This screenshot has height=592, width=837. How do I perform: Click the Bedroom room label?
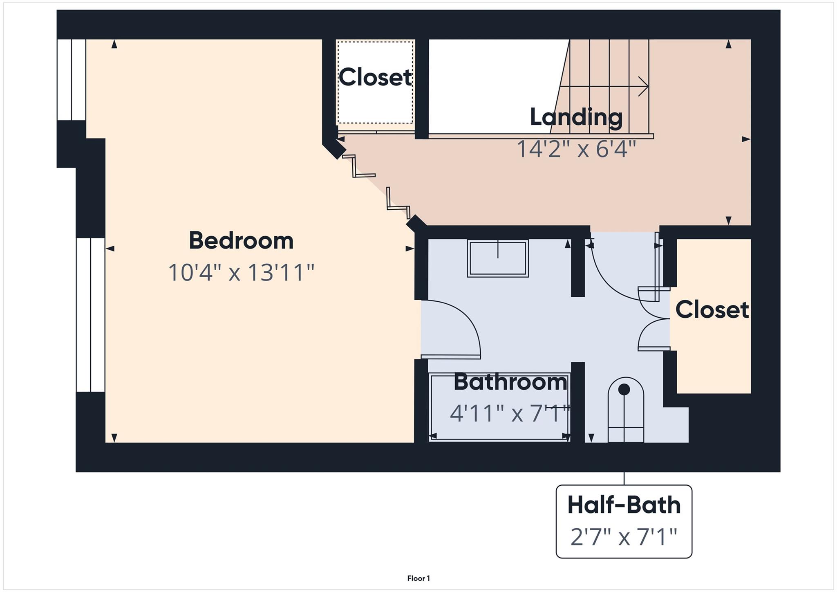tap(241, 241)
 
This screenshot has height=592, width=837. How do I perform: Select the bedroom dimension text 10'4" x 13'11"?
tap(241, 273)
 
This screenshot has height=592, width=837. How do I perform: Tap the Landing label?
tap(576, 117)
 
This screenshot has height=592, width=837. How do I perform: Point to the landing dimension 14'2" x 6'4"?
tap(576, 149)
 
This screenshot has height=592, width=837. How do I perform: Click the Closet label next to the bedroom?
tap(375, 77)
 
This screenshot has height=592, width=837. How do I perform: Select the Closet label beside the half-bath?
tap(712, 309)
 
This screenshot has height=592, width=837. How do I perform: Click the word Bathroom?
tap(510, 382)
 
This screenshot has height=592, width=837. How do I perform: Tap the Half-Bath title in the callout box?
tap(624, 505)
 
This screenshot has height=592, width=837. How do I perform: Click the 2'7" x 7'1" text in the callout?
tap(624, 537)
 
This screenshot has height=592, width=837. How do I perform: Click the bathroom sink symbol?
tap(497, 258)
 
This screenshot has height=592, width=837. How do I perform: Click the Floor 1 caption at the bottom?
tap(418, 578)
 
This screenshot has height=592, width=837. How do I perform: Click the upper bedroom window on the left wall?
tap(71, 80)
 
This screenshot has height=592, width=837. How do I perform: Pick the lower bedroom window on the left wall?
tap(90, 315)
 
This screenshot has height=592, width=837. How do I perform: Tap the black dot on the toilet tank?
tap(624, 390)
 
